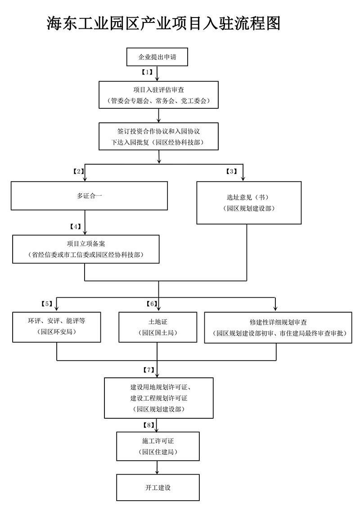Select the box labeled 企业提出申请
click(x=157, y=57)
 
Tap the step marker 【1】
click(x=148, y=72)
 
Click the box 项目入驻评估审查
click(x=158, y=95)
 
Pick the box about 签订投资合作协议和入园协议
click(x=158, y=136)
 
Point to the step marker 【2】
click(x=79, y=171)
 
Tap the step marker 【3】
click(x=232, y=171)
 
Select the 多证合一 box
click(x=89, y=196)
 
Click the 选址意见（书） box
click(x=248, y=202)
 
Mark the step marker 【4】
click(x=76, y=226)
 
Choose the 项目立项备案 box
click(x=85, y=249)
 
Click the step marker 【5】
click(x=46, y=304)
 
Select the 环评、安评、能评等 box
click(x=56, y=327)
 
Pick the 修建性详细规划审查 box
click(x=278, y=328)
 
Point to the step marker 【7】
click(x=148, y=370)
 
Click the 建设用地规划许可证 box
click(x=158, y=398)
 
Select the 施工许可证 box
click(x=157, y=446)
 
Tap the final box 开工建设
click(x=157, y=487)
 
